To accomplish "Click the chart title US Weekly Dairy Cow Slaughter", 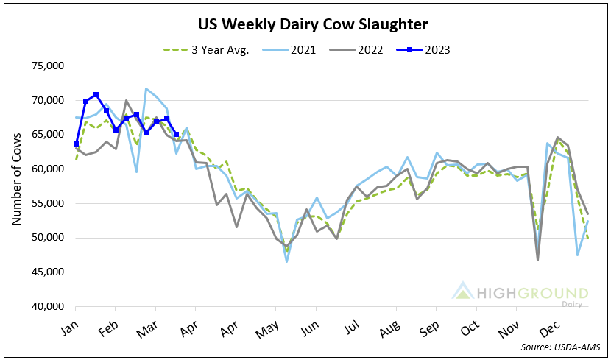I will coord(313,25).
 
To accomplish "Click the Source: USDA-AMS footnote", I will coord(561,345).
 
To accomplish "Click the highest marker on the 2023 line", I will coord(96,94).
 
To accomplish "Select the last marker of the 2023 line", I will coord(176,135).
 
